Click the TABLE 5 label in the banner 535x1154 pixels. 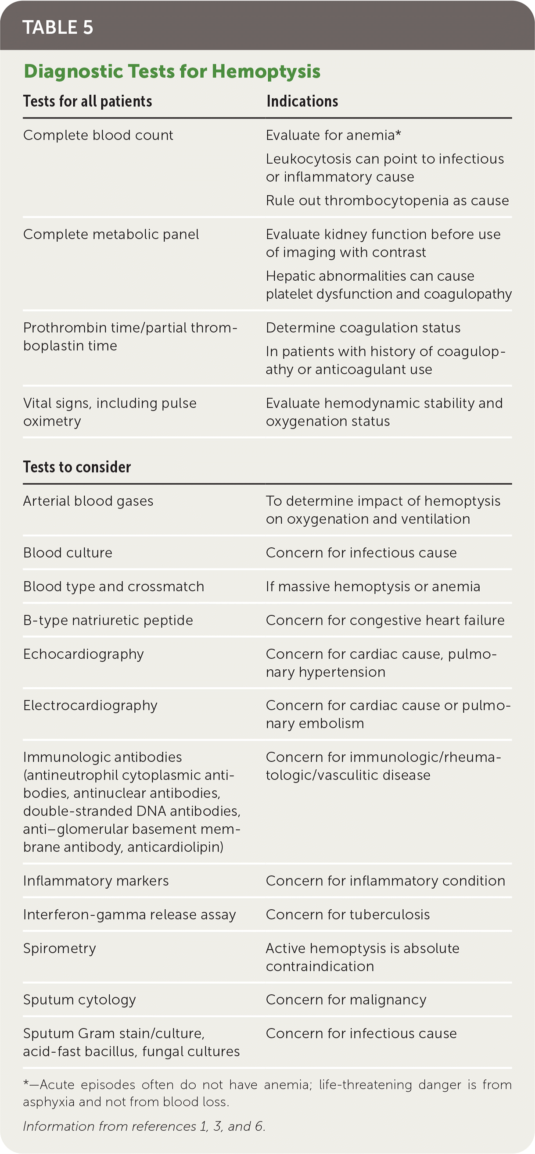58,27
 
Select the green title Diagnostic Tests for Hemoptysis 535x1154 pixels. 172,71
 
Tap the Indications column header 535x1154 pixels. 302,101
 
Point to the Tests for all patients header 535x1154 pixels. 87,101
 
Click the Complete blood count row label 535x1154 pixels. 98,135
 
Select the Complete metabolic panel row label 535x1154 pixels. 111,234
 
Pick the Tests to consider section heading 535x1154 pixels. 77,467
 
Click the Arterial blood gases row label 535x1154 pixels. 88,501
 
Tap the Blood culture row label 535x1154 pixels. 68,552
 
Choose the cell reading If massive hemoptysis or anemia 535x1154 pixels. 373,586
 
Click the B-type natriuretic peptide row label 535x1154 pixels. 108,620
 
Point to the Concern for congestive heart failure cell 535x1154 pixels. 385,620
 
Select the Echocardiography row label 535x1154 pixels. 83,654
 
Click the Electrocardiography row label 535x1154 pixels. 90,706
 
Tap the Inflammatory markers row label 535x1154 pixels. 96,881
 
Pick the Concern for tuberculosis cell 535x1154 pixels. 348,915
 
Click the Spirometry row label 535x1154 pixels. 60,948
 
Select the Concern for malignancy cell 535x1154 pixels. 346,1000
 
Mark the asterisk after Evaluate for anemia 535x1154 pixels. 398,134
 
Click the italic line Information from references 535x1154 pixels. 144,1126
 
